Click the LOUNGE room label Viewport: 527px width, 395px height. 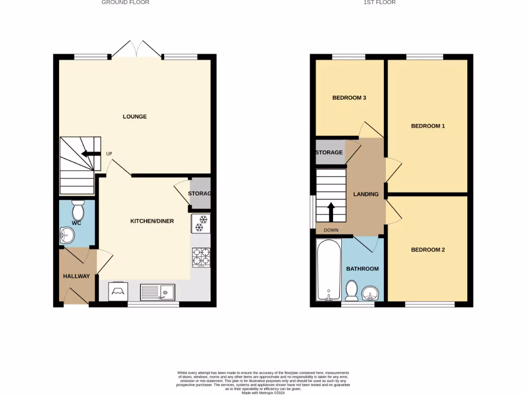[134, 117]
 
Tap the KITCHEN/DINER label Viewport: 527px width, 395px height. [152, 221]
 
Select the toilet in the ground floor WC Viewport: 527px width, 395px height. [78, 210]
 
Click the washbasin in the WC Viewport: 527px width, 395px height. [67, 236]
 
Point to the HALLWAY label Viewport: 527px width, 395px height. [76, 276]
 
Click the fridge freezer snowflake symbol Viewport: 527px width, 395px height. [200, 224]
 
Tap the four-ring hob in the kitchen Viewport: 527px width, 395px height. [200, 257]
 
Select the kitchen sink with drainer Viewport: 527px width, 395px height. [157, 292]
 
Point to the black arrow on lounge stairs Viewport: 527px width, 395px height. [91, 153]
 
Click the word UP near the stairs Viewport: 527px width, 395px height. [109, 154]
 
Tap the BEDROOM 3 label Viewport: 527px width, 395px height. [349, 98]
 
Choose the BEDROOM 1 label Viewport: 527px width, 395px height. [428, 126]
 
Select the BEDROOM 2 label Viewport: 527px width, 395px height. [428, 250]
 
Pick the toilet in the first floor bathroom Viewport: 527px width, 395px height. [352, 291]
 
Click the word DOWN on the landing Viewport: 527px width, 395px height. [331, 230]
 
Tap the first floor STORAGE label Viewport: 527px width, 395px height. [329, 153]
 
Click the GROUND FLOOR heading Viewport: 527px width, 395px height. [125, 3]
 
